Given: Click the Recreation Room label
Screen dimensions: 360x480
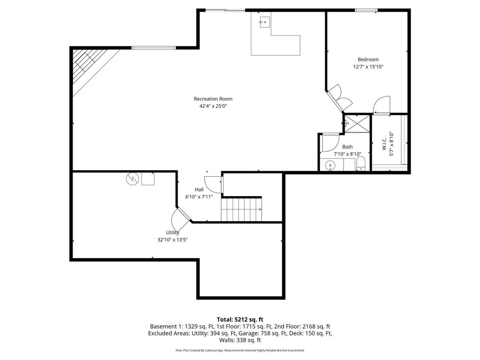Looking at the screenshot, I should point(213,99).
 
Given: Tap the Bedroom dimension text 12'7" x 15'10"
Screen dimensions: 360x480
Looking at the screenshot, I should point(368,67).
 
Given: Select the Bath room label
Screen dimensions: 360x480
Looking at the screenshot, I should point(347,147).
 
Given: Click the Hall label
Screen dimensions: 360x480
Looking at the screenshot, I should point(199,189).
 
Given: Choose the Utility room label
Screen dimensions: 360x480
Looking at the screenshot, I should point(172,232).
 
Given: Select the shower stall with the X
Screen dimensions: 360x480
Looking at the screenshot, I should point(356,123).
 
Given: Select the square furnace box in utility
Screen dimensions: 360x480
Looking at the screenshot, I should point(148,179).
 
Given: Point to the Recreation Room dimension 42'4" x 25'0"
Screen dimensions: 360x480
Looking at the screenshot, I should point(213,106).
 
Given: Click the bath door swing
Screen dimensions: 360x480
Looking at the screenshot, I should point(330,142).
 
